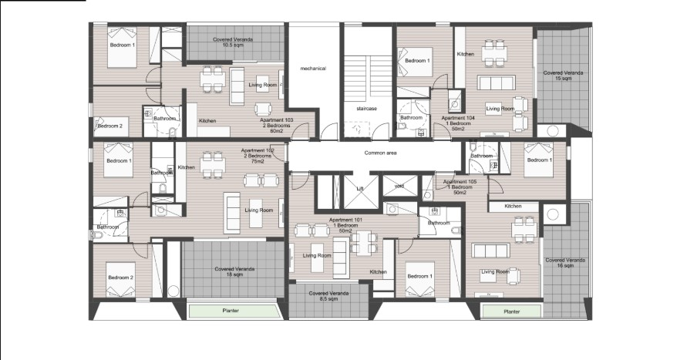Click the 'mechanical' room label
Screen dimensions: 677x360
pyautogui.click(x=313, y=68)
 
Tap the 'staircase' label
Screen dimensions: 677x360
pyautogui.click(x=366, y=109)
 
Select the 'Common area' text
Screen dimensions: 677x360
pyautogui.click(x=380, y=153)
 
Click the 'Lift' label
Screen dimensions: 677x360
pyautogui.click(x=360, y=189)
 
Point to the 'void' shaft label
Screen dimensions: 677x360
pyautogui.click(x=399, y=186)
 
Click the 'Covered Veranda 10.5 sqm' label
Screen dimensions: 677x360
pyautogui.click(x=233, y=42)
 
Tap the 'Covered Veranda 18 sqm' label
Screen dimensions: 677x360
pyautogui.click(x=235, y=271)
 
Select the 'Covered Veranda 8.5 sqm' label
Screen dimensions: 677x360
pyautogui.click(x=329, y=296)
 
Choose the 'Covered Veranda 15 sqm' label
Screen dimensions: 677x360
pyautogui.click(x=563, y=76)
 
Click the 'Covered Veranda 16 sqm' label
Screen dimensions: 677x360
pyautogui.click(x=565, y=263)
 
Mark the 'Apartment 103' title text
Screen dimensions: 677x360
pyautogui.click(x=276, y=120)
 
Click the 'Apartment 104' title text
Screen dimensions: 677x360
pyautogui.click(x=458, y=118)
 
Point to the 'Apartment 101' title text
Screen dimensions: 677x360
pyautogui.click(x=346, y=220)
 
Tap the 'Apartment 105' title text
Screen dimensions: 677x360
pyautogui.click(x=460, y=182)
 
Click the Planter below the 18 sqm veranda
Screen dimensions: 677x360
pyautogui.click(x=231, y=311)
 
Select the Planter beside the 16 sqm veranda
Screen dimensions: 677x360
pyautogui.click(x=512, y=311)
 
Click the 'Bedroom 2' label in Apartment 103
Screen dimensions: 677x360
pyautogui.click(x=109, y=126)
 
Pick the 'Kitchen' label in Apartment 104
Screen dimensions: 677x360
pyautogui.click(x=466, y=54)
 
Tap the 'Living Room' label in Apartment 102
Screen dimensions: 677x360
pyautogui.click(x=259, y=210)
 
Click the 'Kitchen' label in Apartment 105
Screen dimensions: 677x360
pyautogui.click(x=513, y=207)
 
